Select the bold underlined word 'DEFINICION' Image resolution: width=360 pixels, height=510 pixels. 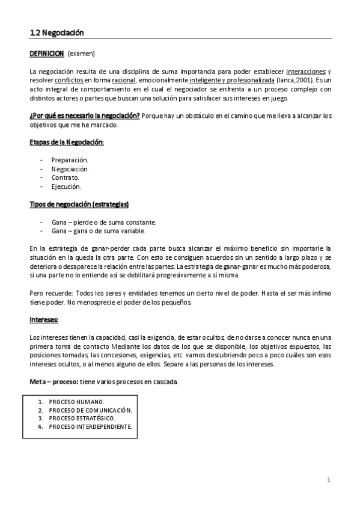click(47, 54)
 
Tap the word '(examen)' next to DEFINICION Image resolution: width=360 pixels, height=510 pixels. click(81, 54)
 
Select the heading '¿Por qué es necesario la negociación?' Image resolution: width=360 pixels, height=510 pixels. click(85, 115)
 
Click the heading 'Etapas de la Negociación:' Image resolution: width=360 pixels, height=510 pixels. click(67, 142)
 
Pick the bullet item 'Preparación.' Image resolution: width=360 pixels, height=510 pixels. click(70, 160)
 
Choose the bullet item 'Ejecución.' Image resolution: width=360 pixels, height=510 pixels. click(66, 187)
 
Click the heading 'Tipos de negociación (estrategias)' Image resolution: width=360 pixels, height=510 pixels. click(79, 204)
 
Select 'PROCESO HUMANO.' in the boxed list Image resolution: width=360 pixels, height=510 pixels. click(76, 401)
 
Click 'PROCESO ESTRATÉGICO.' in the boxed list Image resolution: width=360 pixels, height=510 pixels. click(82, 418)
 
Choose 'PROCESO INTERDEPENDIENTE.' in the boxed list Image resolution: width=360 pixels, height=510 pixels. click(90, 427)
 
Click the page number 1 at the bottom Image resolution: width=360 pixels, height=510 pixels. click(329, 480)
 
